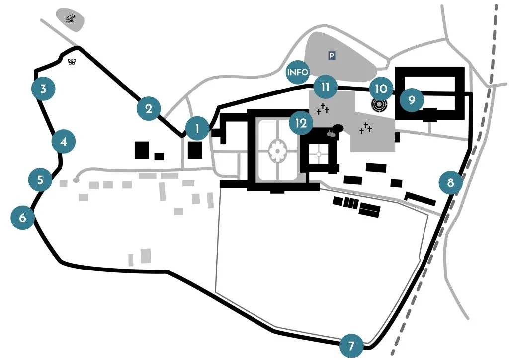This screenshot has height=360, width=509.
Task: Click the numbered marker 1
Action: click(197, 129)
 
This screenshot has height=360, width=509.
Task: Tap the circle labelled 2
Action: click(149, 108)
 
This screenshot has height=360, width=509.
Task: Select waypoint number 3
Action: click(43, 90)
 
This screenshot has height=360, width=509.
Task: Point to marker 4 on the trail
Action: click(64, 142)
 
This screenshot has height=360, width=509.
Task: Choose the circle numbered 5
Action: click(40, 180)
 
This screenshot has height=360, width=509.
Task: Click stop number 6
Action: click(23, 217)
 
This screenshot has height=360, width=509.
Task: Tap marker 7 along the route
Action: click(352, 345)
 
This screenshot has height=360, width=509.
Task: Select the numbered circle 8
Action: click(450, 182)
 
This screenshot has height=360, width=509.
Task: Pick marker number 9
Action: click(412, 99)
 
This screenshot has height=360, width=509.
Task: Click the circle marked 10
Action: click(381, 89)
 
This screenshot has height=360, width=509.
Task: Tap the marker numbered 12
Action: click(301, 123)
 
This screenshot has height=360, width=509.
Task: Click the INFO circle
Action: click(298, 72)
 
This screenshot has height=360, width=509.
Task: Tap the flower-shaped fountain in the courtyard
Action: click(277, 150)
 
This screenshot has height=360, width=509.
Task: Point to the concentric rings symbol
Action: click(379, 106)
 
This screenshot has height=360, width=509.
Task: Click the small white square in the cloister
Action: click(319, 154)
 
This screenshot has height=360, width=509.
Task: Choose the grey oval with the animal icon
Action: click(70, 19)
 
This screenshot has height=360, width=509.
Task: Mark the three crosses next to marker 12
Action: click(323, 108)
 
